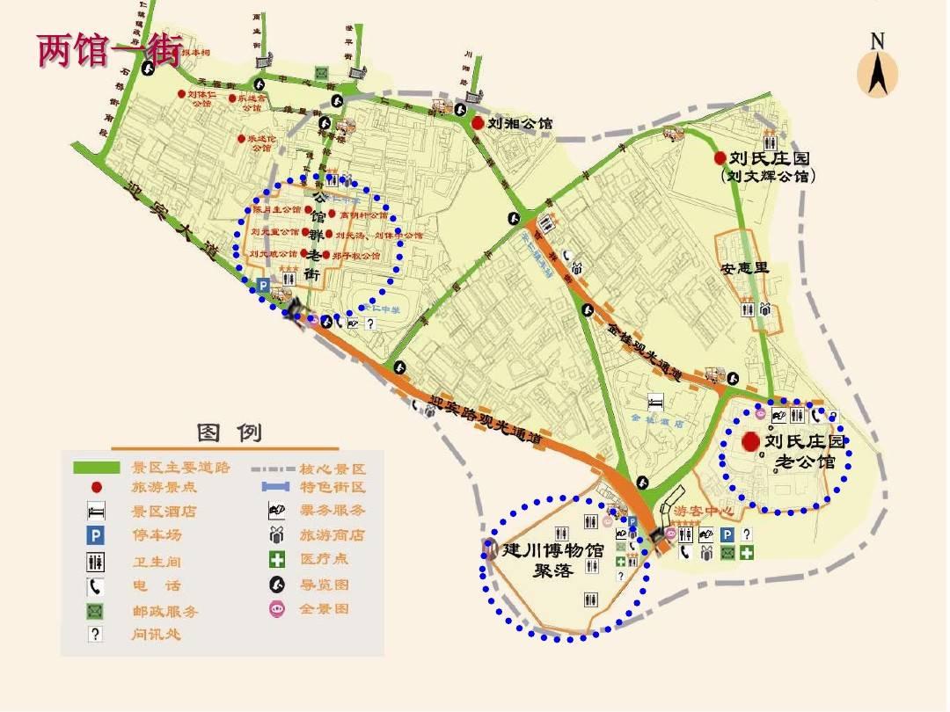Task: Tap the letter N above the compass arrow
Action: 877,40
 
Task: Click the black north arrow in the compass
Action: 877,74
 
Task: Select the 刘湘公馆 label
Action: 520,124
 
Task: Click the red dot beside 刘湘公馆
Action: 477,124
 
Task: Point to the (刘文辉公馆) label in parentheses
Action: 767,176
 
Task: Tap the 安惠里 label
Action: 745,267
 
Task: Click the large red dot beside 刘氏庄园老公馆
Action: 751,441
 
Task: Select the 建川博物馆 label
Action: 553,551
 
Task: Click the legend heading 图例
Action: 230,432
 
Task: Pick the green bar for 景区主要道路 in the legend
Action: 96,467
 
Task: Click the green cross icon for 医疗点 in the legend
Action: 278,559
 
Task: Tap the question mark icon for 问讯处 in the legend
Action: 96,634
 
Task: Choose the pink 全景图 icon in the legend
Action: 278,608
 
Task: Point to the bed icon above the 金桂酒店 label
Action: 655,403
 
